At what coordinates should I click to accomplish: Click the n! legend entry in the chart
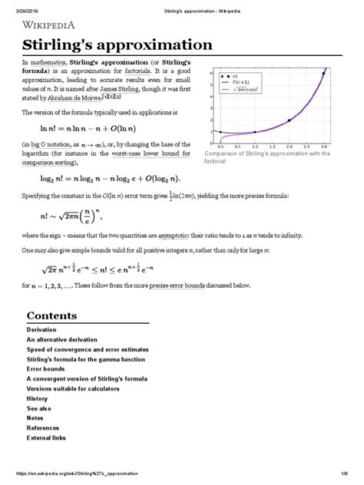tap(233, 77)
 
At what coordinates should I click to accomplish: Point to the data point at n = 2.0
tap(289, 121)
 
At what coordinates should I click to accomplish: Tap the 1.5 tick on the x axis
tap(272, 145)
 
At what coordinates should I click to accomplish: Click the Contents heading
tap(52, 315)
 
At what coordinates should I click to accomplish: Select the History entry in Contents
tap(39, 398)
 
